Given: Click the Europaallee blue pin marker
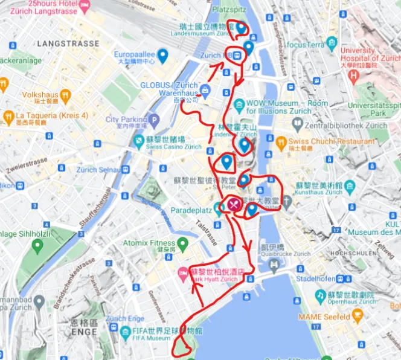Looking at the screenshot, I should click(x=162, y=55).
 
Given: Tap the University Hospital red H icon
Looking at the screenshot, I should click(x=354, y=76).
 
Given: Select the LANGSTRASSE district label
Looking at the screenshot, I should click(x=68, y=43).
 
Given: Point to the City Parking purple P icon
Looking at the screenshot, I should click(x=154, y=120).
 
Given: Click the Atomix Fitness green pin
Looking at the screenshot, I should click(x=182, y=243).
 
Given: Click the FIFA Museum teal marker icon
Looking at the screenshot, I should click(x=125, y=332).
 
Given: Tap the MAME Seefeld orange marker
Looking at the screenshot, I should click(x=358, y=315).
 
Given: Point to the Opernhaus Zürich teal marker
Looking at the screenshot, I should click(x=319, y=295).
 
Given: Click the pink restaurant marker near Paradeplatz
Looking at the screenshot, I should click(x=234, y=204).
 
